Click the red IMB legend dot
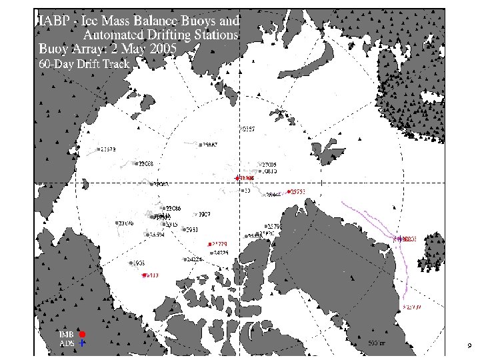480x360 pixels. [81, 333]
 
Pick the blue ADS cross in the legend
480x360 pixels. [81, 343]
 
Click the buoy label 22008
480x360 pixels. [146, 163]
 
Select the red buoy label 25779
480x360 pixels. [220, 244]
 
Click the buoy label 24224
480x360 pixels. [195, 259]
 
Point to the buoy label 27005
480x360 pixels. [269, 164]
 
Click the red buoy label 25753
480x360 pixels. [298, 192]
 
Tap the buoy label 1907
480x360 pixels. [205, 215]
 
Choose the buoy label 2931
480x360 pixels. [191, 230]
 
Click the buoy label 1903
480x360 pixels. [139, 263]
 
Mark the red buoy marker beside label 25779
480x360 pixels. [209, 244]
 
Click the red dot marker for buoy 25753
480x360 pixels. [288, 192]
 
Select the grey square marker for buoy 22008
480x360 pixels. [136, 163]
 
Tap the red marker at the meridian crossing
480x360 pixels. [237, 178]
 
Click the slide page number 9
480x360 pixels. [469, 345]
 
